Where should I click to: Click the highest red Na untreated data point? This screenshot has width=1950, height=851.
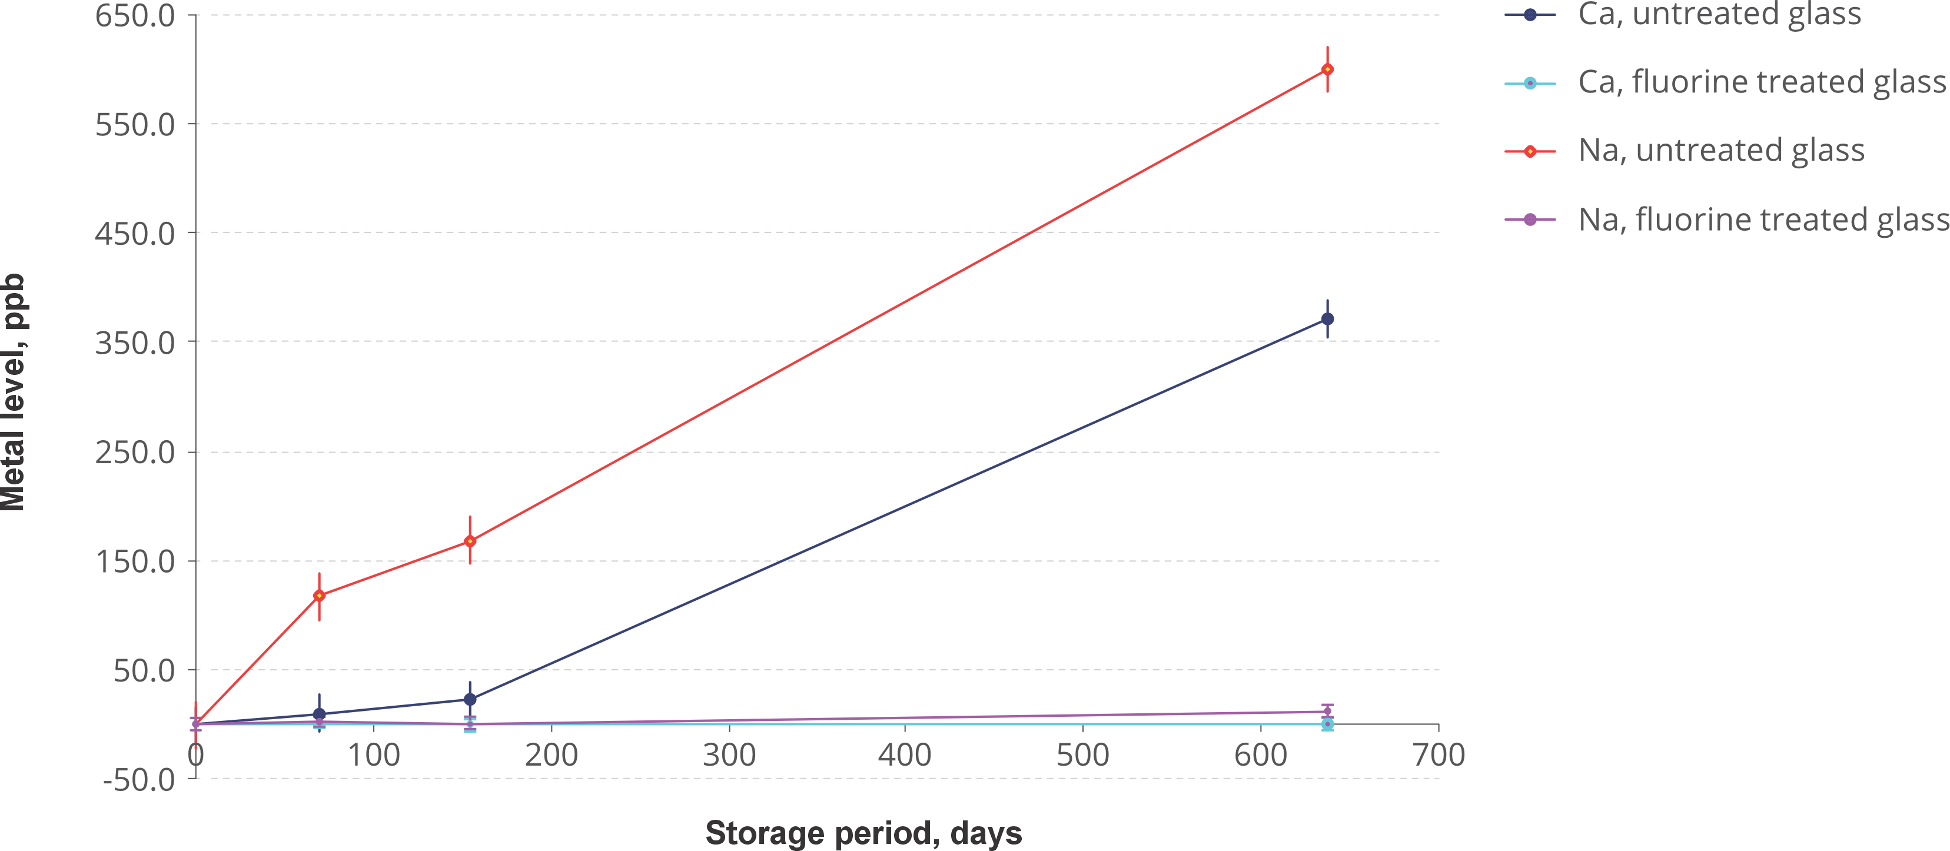1327,69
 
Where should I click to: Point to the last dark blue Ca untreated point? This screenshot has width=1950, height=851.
1327,320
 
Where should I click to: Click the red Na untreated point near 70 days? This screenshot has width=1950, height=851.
320,596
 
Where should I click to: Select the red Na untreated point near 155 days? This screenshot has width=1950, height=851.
470,541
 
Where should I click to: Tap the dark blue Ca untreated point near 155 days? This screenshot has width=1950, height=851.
470,699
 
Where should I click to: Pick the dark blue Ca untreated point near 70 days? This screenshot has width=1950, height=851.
320,714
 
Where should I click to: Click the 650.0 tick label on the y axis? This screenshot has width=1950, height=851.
135,16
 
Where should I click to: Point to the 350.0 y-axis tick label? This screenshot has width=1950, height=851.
135,343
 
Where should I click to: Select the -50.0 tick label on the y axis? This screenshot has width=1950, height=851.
138,780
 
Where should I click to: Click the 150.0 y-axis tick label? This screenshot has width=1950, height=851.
135,563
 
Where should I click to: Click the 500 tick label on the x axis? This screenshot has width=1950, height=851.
1083,756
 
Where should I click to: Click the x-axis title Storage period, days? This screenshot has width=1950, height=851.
863,833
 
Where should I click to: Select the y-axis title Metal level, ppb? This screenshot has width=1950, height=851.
14,392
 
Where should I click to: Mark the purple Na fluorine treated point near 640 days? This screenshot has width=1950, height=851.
1327,711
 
